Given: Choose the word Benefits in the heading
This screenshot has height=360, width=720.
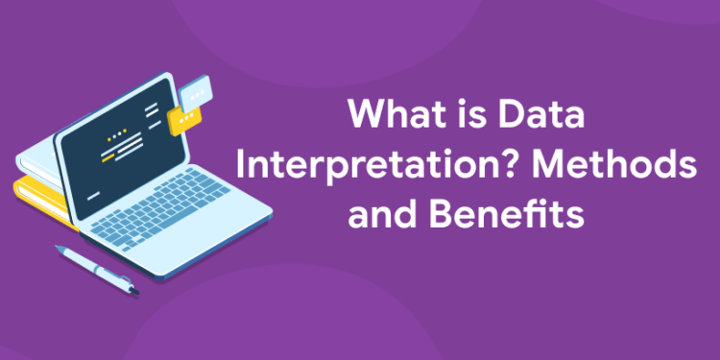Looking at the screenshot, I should (x=506, y=212).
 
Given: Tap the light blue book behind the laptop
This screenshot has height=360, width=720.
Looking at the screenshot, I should (x=38, y=163).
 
